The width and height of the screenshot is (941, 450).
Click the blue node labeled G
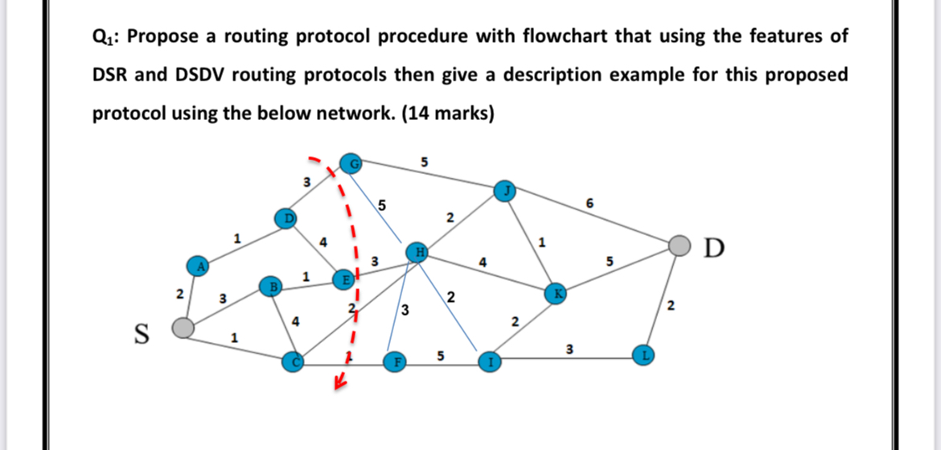pos(351,163)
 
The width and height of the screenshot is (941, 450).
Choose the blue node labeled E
pos(343,279)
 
